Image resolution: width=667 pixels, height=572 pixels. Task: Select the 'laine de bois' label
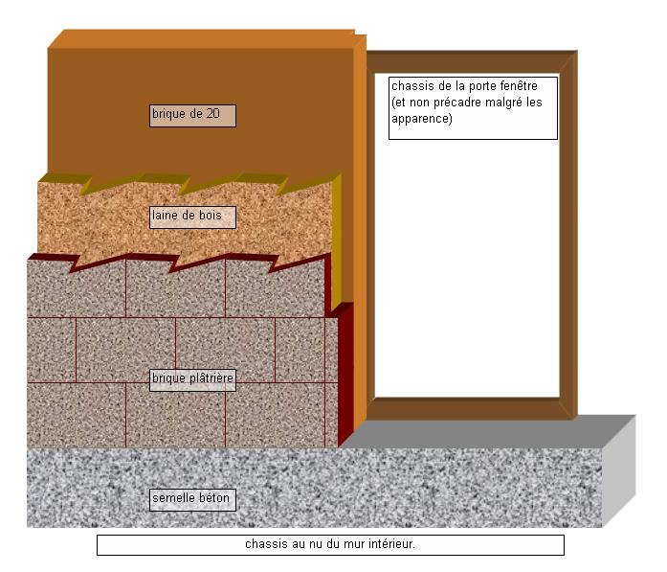tap(192, 217)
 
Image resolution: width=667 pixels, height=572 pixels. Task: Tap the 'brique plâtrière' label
tap(192, 378)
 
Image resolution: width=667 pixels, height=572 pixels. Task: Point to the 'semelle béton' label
tap(192, 499)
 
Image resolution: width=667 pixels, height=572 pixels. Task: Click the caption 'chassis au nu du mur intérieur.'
tap(330, 545)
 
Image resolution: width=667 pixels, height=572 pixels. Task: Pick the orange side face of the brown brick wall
tap(360, 172)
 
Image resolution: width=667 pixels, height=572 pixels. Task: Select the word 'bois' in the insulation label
tap(210, 217)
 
